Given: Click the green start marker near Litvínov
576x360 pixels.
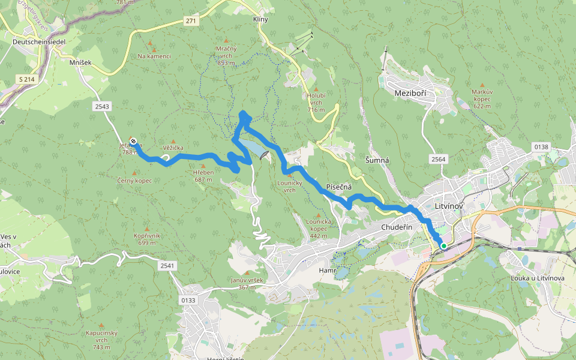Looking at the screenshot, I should pos(444,245).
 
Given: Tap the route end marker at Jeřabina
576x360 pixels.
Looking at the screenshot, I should pos(133,142).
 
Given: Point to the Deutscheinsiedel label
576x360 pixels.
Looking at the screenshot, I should pos(38,41).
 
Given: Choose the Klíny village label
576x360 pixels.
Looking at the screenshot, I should pos(260,19).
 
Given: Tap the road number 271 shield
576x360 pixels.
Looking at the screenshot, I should pos(191,21).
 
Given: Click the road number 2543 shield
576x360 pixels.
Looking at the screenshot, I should pos(102,106).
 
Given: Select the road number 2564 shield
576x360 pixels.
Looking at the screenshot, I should pos(437,158).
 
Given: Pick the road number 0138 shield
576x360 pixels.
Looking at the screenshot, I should pos(541,146).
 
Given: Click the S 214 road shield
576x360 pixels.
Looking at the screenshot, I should pos(26,79).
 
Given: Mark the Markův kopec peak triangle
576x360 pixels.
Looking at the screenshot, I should pos(482,86).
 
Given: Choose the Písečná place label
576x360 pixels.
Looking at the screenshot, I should pos(338,187).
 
